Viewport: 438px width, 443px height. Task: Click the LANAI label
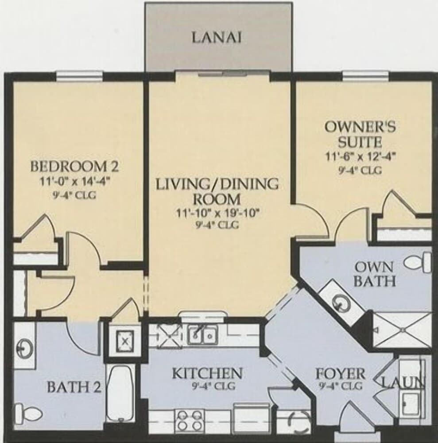point(217,38)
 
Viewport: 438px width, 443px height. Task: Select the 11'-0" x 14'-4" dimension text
point(74,181)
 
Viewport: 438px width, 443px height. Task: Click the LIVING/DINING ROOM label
point(217,190)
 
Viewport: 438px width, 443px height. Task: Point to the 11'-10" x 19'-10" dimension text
point(217,213)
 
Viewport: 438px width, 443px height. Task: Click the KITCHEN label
point(207,373)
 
